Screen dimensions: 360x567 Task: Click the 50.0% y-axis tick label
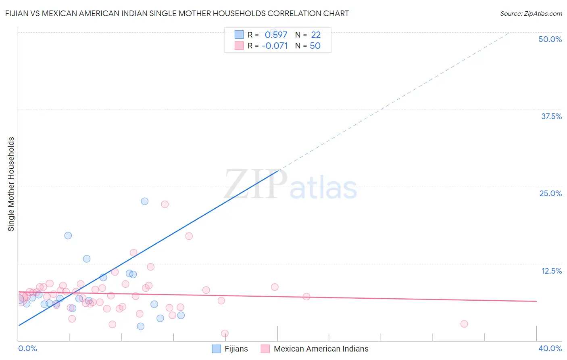click(x=550, y=39)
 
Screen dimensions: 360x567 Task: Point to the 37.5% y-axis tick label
click(x=551, y=116)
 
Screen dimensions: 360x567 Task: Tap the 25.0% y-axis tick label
click(x=550, y=193)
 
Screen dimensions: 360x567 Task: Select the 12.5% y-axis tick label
click(x=551, y=271)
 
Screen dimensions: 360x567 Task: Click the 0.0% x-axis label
click(x=27, y=348)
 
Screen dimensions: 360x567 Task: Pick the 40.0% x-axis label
click(x=550, y=348)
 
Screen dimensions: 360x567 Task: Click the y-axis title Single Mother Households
click(x=11, y=184)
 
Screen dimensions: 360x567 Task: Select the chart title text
click(x=177, y=13)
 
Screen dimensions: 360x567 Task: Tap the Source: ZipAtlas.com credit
click(x=531, y=14)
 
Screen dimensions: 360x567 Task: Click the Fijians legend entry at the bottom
click(x=236, y=349)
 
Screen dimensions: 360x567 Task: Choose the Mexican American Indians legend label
click(x=321, y=349)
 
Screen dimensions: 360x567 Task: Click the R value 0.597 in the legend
click(x=276, y=35)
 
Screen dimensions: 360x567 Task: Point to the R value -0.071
click(x=275, y=46)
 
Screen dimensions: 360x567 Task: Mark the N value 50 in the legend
click(x=315, y=46)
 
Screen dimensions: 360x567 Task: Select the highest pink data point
click(x=165, y=204)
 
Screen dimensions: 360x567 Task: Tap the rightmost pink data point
click(x=464, y=324)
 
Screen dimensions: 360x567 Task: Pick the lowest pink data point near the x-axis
click(x=225, y=333)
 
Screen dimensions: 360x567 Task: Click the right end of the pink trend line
click(x=536, y=301)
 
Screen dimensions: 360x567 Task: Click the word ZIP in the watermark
click(x=256, y=184)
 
